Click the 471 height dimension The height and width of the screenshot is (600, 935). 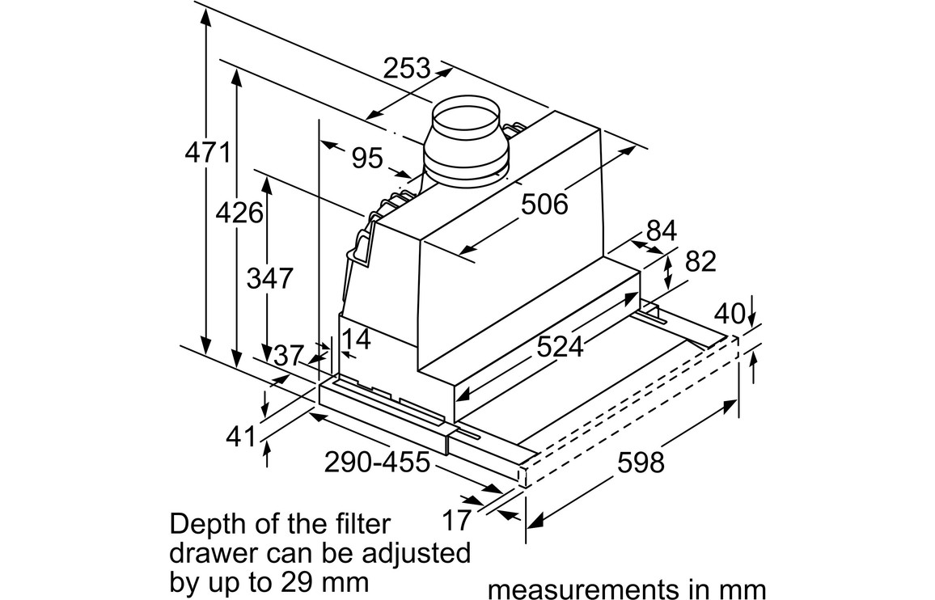click(x=209, y=153)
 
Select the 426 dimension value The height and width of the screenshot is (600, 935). click(x=239, y=213)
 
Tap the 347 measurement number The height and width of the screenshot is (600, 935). click(x=269, y=278)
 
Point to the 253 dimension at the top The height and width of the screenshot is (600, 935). click(x=407, y=69)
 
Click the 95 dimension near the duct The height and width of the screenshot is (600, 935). click(x=367, y=158)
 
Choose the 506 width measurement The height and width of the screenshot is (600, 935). click(x=544, y=205)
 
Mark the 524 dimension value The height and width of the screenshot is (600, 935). click(x=560, y=346)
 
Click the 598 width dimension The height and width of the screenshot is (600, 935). click(x=640, y=463)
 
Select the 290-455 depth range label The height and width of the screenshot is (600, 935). click(x=377, y=463)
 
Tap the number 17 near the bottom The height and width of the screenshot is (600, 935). click(x=456, y=520)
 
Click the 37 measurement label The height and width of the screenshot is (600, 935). click(x=288, y=355)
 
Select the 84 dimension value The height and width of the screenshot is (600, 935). click(x=661, y=230)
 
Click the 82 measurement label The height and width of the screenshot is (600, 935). click(x=700, y=261)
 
